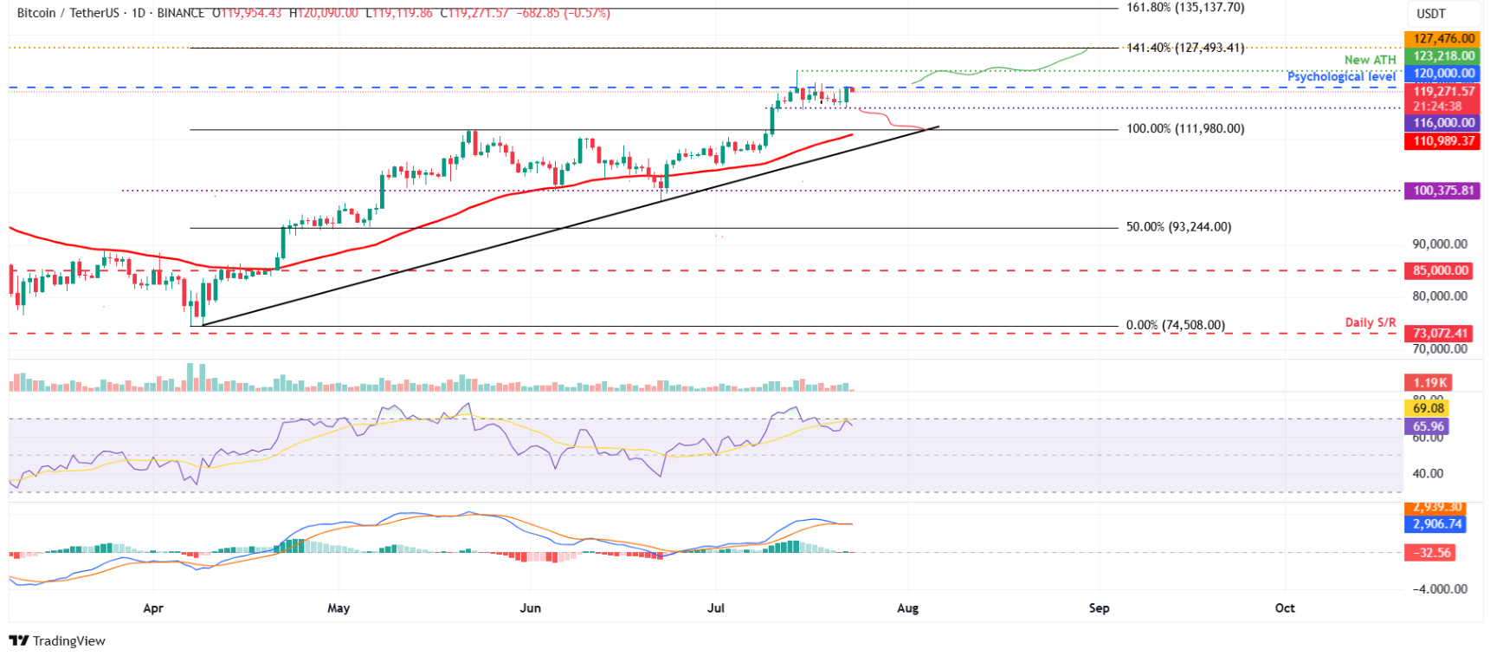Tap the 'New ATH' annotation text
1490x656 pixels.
tap(1370, 60)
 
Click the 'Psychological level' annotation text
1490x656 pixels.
tap(1341, 76)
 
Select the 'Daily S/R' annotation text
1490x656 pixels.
tap(1370, 322)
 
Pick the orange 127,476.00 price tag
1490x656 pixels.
tap(1443, 39)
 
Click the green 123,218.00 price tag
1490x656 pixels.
tap(1443, 56)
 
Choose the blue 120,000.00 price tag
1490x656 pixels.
tap(1443, 74)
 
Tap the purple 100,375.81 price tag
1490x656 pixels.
tap(1442, 191)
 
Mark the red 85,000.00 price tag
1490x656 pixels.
tap(1441, 270)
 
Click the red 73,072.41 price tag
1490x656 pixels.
tap(1441, 333)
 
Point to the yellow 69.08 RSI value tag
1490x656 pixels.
tap(1429, 408)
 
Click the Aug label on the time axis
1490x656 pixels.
tap(907, 608)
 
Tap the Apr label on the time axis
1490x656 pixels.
tap(153, 608)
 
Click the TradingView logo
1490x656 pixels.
tap(57, 641)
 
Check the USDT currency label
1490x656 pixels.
tap(1430, 14)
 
